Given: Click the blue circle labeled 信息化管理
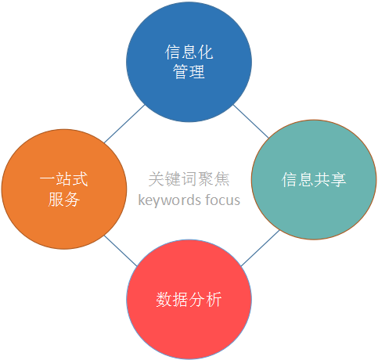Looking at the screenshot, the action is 189,62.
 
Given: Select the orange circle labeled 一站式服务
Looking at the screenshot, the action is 64,189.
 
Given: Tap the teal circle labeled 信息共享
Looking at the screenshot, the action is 314,180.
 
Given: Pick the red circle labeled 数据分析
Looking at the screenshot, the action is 189,300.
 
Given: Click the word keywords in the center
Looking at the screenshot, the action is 170,200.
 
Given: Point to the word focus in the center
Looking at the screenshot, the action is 223,200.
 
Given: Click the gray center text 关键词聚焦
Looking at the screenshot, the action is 189,179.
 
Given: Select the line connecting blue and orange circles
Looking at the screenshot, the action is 124,124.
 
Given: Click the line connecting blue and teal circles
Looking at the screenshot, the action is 250,121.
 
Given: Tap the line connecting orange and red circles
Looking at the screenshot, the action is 121,251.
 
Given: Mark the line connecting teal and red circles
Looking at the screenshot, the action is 260,248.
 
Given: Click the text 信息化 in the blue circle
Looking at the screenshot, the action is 189,52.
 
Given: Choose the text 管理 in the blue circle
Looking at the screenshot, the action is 189,71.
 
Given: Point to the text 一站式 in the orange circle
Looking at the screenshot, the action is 64,179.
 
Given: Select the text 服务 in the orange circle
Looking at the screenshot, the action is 64,199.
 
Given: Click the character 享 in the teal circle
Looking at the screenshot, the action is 338,180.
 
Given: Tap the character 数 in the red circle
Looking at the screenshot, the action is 164,300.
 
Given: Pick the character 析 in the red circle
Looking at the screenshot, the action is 214,300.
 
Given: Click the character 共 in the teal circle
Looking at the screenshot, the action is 322,180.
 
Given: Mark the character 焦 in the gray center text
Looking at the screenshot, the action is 221,179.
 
